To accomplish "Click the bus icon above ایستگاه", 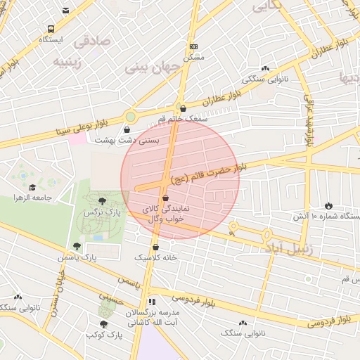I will [x=51, y=29].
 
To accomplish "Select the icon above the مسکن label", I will [x=194, y=46].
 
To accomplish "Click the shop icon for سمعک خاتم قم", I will [x=184, y=109].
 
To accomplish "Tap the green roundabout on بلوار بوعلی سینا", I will [x=130, y=116].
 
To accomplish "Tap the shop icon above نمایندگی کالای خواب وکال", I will [x=165, y=198].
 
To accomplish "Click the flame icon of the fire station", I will [x=328, y=205].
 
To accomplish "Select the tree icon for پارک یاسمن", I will [x=77, y=247].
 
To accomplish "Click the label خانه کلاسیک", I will [x=155, y=257].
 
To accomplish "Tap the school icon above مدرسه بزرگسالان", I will [x=153, y=302].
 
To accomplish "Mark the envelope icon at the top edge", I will [x=66, y=10].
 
